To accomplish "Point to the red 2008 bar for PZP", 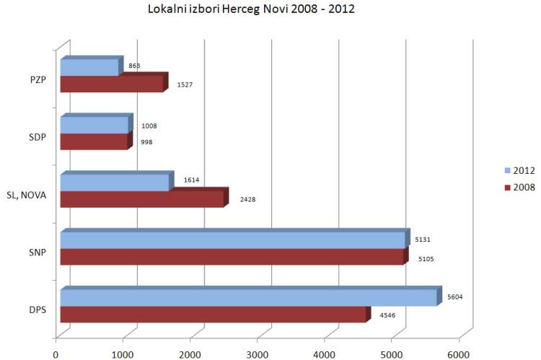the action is tap(114, 83).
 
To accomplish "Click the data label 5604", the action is tap(454, 297).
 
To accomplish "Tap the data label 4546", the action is tap(387, 315).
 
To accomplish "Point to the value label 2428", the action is tap(247, 199).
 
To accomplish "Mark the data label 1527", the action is tap(185, 84).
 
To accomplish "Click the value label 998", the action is tap(146, 142).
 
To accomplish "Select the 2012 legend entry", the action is tap(519, 170).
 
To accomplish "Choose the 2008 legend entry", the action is tap(519, 187).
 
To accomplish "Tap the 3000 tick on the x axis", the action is tap(257, 354).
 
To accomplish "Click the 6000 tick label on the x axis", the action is tap(459, 354).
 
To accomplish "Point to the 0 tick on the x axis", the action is tap(56, 354).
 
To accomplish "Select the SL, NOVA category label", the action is tap(26, 195).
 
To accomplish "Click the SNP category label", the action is tap(38, 253).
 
